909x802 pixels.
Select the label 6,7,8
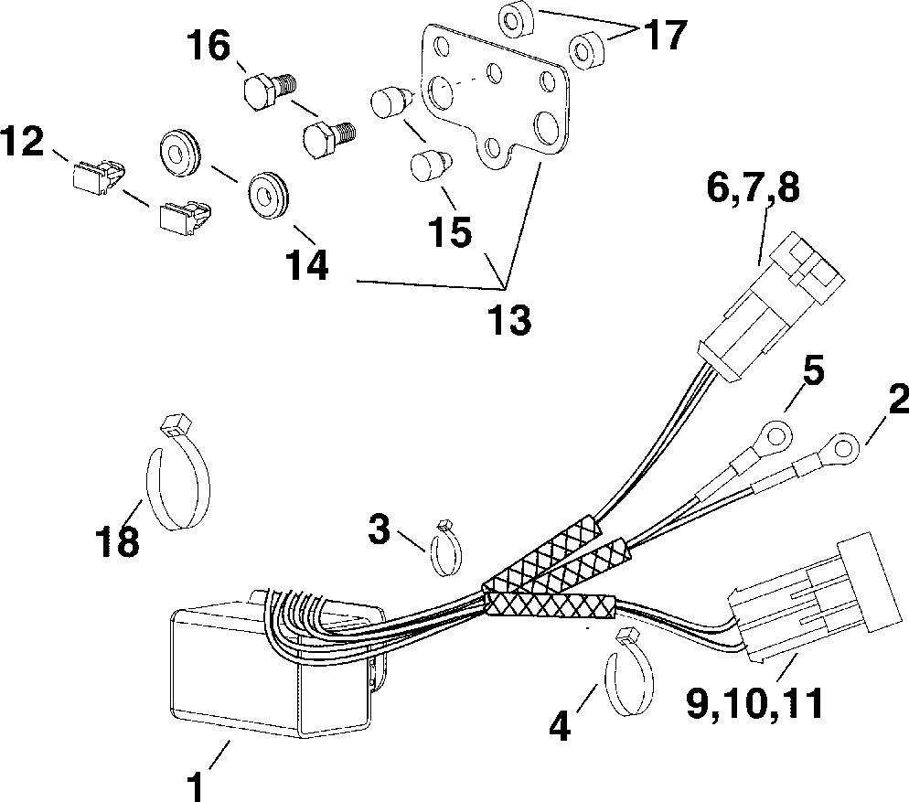point(752,188)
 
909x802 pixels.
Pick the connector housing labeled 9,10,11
point(805,604)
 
